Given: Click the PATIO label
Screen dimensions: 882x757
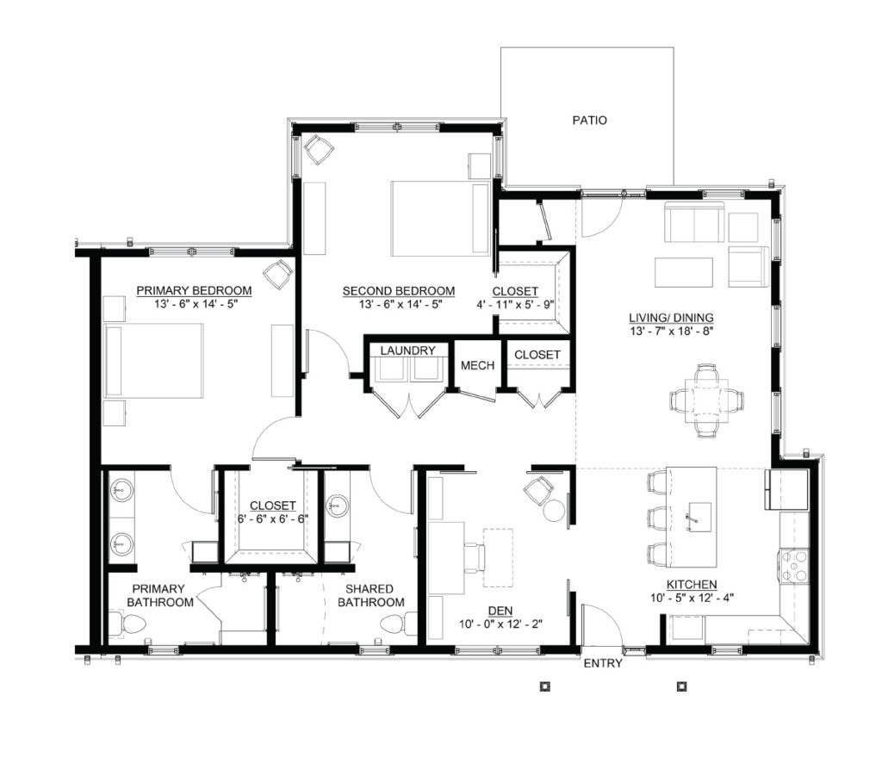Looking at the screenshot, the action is (589, 121).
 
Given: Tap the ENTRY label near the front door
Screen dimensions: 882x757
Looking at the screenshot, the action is (603, 664).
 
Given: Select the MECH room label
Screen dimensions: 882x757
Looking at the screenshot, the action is (477, 365).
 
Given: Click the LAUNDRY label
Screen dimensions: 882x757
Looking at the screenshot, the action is (407, 351).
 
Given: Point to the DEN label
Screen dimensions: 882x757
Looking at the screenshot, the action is (500, 611).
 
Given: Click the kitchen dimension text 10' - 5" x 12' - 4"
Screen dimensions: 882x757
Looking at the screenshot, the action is (692, 598).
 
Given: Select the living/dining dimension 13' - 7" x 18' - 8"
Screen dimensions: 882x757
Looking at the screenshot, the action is (672, 332).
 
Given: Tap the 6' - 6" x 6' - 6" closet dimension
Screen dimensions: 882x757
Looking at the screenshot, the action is (273, 518).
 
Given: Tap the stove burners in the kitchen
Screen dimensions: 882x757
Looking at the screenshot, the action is (793, 567).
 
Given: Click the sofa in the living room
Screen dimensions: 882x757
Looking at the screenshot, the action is (695, 222).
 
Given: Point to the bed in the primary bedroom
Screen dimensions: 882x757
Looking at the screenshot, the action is (153, 361).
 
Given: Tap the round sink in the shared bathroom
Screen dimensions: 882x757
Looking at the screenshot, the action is (337, 505).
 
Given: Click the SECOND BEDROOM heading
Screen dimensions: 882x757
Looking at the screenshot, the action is (399, 291).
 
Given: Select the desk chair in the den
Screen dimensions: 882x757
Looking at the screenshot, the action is (475, 556).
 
